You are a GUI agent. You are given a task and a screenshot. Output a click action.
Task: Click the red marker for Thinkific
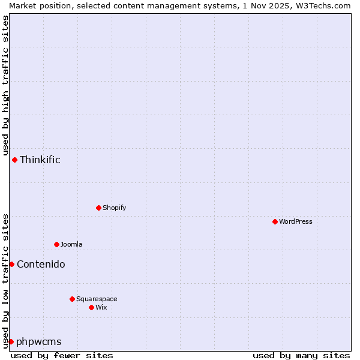(x=14, y=160)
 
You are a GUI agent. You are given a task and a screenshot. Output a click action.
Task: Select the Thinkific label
(x=40, y=160)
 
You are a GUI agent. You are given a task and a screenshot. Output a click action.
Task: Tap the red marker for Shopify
(x=98, y=208)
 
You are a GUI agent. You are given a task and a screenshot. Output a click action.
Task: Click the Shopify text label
(x=114, y=208)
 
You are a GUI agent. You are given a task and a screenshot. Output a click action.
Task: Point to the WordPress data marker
(x=275, y=221)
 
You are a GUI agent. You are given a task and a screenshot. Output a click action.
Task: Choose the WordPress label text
(x=295, y=221)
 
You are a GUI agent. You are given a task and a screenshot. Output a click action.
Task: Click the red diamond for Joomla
(x=56, y=244)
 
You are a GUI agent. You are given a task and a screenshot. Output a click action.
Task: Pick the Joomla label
(x=71, y=244)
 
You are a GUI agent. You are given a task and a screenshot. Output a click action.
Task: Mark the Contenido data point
(x=11, y=264)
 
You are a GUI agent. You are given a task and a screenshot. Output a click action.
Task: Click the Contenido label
(x=41, y=264)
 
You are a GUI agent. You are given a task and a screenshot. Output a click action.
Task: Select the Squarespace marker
(x=72, y=299)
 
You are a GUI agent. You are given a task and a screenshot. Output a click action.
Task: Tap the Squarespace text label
(x=97, y=299)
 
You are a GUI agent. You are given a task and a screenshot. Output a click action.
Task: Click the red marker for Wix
(x=91, y=307)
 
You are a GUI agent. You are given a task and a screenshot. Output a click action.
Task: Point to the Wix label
(x=101, y=307)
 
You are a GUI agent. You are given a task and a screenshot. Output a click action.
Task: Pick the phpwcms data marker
(x=11, y=341)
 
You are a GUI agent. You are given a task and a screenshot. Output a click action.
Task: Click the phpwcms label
(x=39, y=341)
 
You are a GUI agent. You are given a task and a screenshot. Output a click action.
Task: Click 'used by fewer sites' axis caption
(x=62, y=355)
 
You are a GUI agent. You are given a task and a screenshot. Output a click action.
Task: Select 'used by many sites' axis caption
(x=301, y=355)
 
